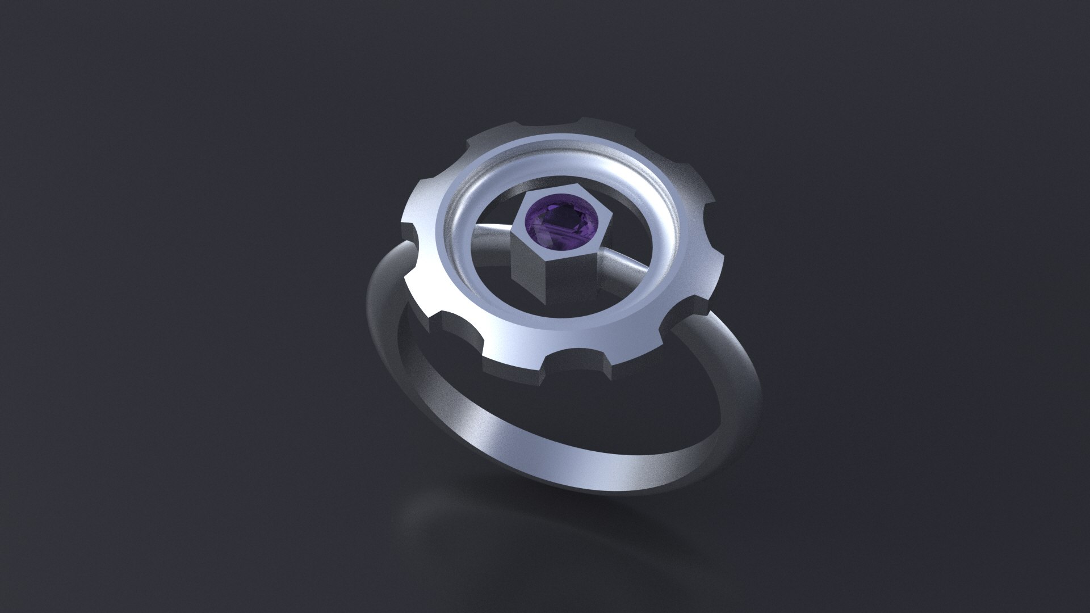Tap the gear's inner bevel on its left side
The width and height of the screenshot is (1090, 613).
coord(454,227)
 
